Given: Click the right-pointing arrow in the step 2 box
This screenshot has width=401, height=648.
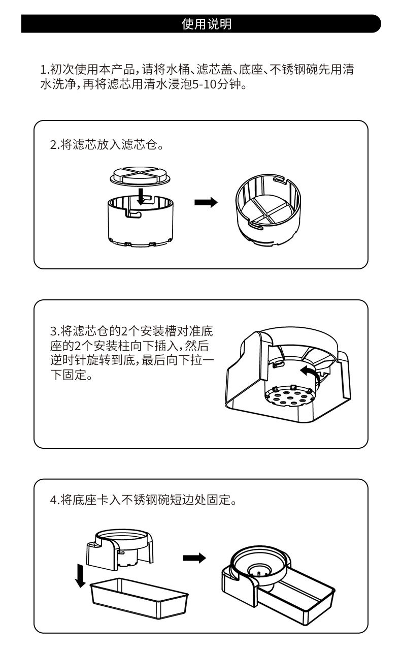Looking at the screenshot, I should tap(206, 202).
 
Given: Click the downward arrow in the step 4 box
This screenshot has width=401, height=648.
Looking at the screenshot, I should tap(80, 574).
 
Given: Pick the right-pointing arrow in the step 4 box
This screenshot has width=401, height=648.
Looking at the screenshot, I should tap(194, 558).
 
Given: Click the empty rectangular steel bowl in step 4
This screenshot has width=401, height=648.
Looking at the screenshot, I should tap(139, 603).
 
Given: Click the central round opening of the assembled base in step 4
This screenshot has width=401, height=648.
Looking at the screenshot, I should tap(260, 569).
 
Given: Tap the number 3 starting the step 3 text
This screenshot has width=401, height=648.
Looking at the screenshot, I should tap(53, 332).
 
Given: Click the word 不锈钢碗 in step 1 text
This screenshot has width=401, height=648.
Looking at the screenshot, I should tap(294, 70).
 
